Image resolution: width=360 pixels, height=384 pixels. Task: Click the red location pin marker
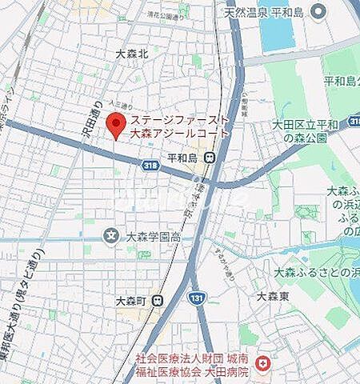[117, 124]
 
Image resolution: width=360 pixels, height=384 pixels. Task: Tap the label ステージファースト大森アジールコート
[179, 126]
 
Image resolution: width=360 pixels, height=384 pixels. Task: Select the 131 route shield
[196, 297]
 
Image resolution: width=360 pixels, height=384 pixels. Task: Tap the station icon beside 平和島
[209, 158]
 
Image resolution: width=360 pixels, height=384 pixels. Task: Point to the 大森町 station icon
[158, 301]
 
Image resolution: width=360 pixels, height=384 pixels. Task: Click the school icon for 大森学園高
[110, 236]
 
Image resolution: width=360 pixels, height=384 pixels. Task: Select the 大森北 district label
[132, 54]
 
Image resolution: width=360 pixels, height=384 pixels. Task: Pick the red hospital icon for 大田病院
[262, 362]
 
